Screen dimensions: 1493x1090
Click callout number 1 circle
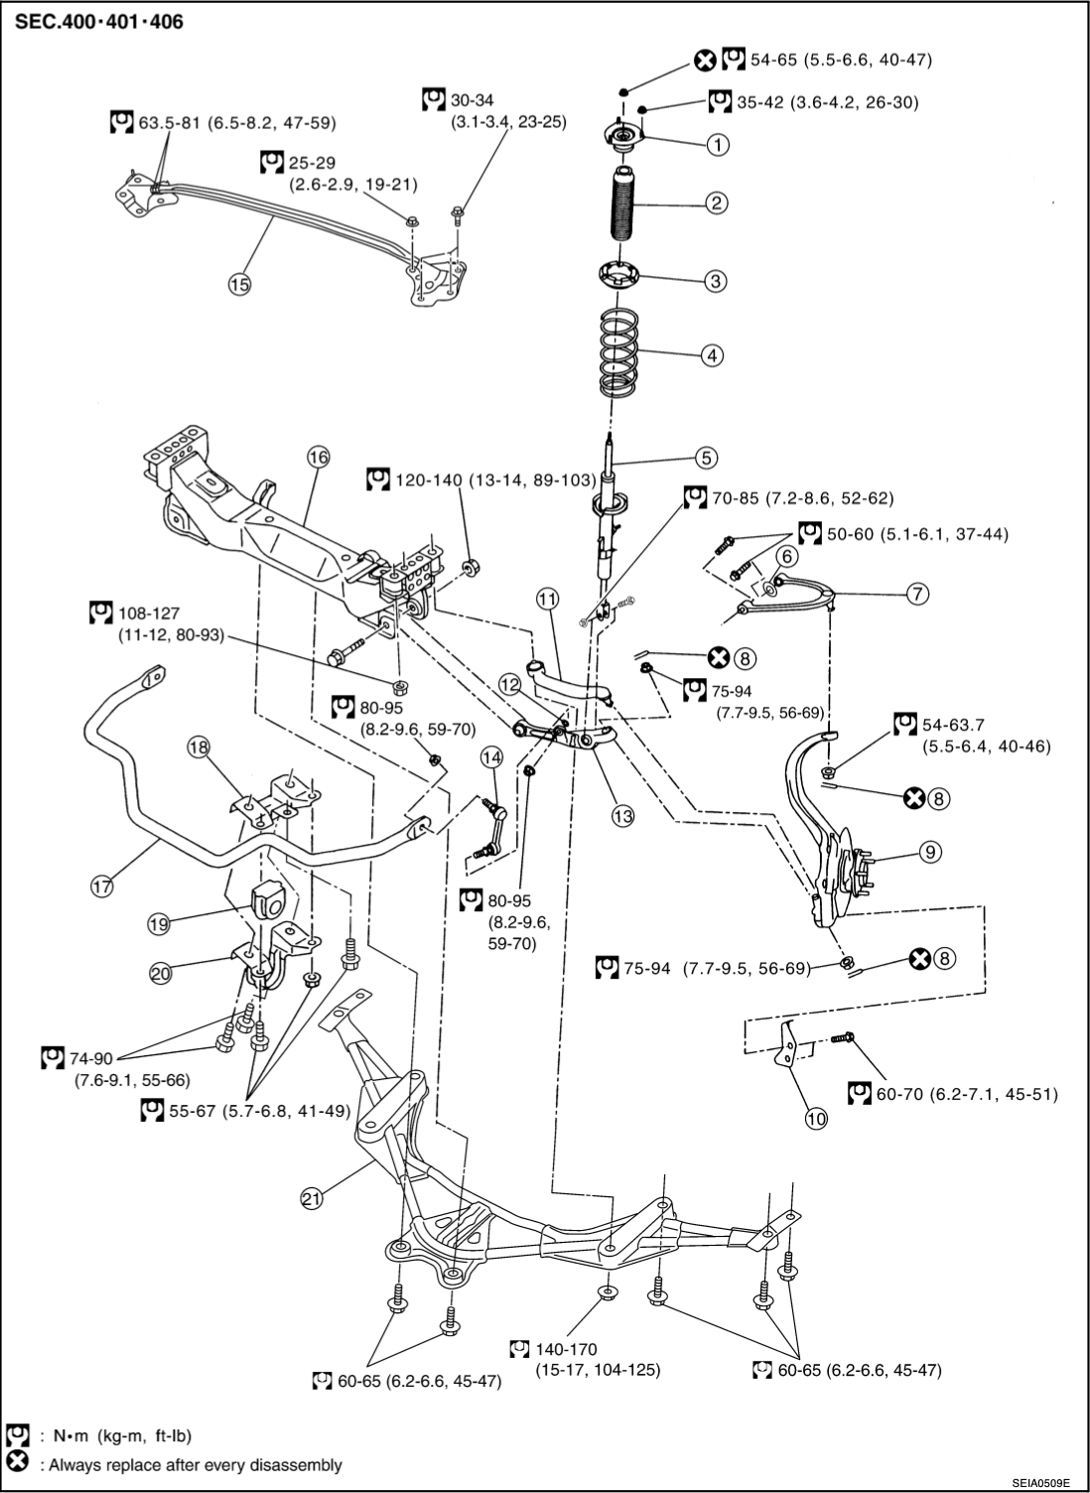point(717,144)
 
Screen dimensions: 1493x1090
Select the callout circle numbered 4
point(713,353)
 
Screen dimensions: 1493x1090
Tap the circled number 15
point(238,283)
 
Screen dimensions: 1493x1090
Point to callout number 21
point(313,1199)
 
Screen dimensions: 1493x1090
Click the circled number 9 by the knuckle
point(929,851)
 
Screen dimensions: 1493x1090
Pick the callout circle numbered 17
point(102,885)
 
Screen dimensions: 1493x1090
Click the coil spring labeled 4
point(619,353)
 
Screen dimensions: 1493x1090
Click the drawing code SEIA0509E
point(1040,1482)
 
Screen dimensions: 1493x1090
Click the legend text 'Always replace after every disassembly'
point(190,1464)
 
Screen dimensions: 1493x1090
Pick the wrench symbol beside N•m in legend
point(16,1435)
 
